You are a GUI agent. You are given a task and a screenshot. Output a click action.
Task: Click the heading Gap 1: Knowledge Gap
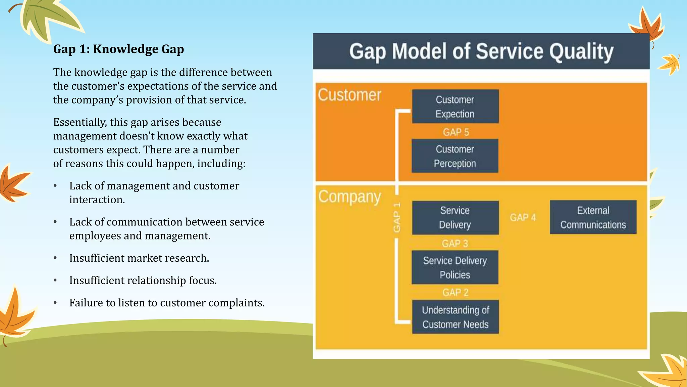(118, 49)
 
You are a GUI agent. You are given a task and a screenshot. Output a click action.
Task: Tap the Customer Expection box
(455, 106)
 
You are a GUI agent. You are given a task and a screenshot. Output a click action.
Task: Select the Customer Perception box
(455, 156)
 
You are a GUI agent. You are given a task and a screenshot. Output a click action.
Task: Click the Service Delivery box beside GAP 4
(455, 218)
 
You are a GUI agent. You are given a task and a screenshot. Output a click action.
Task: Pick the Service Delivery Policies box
(455, 267)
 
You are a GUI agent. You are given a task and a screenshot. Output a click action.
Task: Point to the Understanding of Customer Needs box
(455, 317)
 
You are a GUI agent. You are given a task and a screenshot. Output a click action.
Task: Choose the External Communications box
(593, 217)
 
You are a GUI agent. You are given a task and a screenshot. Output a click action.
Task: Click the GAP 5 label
(456, 132)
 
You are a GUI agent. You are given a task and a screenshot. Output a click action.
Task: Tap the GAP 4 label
(523, 218)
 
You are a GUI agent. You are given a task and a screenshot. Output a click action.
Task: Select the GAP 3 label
(455, 243)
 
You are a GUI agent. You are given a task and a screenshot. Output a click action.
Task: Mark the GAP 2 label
(455, 292)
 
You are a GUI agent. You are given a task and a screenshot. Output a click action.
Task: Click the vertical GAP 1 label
(397, 217)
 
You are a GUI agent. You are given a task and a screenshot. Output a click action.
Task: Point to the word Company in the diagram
(350, 197)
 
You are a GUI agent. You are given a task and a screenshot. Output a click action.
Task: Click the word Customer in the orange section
(350, 95)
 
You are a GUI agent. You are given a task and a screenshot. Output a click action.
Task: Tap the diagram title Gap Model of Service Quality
(481, 51)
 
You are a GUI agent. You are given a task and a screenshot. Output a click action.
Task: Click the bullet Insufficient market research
(139, 258)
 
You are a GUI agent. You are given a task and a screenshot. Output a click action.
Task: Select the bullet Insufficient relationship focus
(143, 280)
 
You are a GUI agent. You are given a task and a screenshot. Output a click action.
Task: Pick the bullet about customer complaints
(167, 303)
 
